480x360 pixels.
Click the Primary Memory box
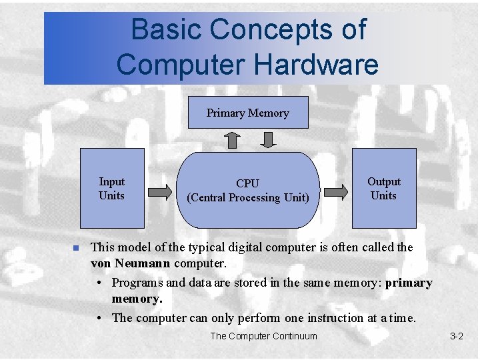(x=248, y=113)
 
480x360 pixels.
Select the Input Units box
(x=112, y=189)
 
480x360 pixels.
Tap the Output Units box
(x=384, y=189)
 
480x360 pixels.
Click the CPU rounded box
(x=248, y=190)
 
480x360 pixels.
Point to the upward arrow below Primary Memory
(x=231, y=140)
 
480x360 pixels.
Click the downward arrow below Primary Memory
(x=267, y=140)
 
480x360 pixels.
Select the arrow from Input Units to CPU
(x=159, y=192)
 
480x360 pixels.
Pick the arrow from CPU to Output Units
(x=336, y=192)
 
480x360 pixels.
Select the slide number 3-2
(x=456, y=336)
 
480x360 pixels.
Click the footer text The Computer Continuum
(x=263, y=336)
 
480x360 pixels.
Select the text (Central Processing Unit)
(x=248, y=197)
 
